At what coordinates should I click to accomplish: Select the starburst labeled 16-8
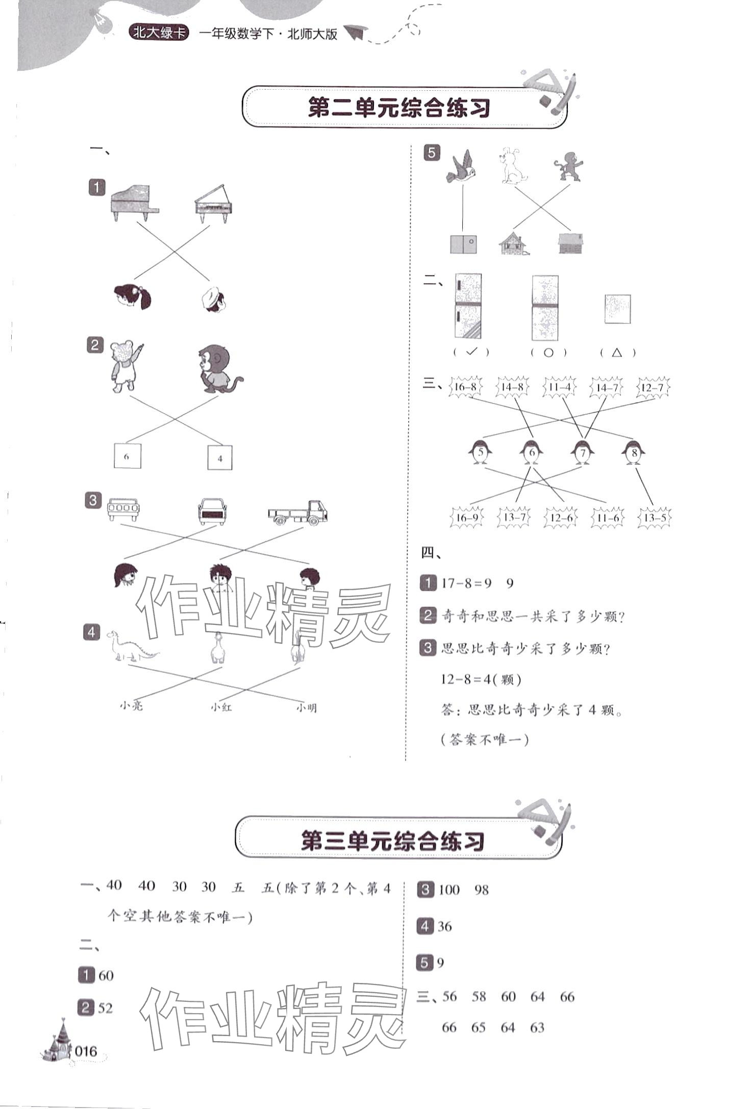click(465, 387)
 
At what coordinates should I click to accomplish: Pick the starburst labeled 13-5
click(655, 518)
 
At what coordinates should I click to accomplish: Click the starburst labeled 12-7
click(653, 388)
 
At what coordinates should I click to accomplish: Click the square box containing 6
click(127, 457)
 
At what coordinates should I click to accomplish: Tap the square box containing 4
click(220, 458)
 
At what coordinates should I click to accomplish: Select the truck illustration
click(298, 513)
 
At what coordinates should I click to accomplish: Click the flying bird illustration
click(462, 166)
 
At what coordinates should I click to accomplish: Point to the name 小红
click(221, 707)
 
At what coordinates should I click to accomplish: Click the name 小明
click(306, 708)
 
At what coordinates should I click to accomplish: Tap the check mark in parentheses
click(471, 351)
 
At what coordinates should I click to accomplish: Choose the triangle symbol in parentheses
click(617, 352)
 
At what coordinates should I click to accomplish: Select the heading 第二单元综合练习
click(399, 109)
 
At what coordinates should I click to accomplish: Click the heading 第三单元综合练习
click(392, 841)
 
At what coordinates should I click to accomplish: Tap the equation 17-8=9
click(466, 583)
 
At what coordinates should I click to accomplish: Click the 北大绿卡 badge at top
click(159, 34)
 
